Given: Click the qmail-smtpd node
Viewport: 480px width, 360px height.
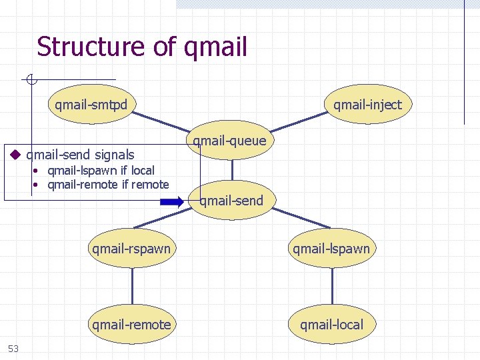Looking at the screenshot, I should click(91, 105).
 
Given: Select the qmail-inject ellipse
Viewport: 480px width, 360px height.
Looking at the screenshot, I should click(367, 105).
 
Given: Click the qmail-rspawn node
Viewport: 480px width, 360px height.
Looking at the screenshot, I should click(131, 249).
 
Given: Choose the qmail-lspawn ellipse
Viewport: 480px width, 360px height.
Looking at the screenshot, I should click(331, 249).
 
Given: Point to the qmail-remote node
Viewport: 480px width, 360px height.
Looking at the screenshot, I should click(131, 325).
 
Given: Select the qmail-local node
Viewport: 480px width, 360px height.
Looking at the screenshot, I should click(331, 325).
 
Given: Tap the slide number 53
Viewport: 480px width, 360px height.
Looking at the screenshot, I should click(13, 348).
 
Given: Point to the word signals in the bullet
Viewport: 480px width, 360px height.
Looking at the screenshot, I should click(113, 155).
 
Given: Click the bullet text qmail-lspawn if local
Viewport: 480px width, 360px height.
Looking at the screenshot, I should click(101, 171).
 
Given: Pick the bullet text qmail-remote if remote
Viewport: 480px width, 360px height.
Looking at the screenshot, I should click(108, 185).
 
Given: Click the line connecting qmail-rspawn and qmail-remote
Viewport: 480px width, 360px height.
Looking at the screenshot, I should click(132, 287).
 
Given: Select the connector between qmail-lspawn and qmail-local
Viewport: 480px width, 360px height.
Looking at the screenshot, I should click(332, 287).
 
